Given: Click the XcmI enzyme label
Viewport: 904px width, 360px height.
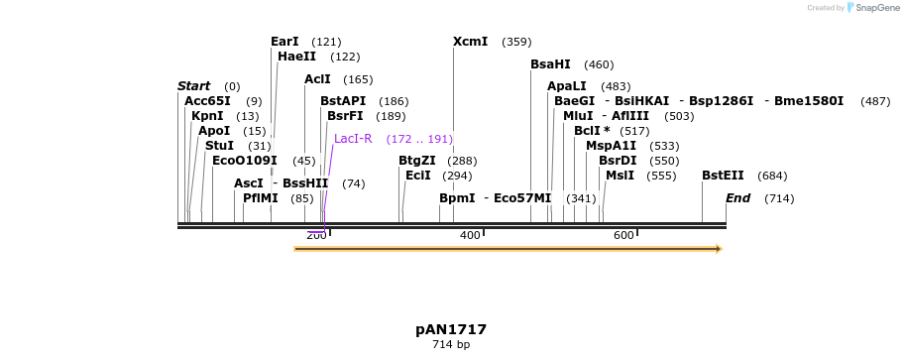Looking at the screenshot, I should (470, 42).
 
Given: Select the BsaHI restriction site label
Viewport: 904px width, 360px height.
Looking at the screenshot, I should (550, 64).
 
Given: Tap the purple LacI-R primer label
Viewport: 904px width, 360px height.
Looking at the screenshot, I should (353, 139).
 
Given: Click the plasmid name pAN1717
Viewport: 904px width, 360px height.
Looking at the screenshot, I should (451, 329).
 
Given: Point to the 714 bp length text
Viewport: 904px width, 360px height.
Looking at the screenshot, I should (451, 345).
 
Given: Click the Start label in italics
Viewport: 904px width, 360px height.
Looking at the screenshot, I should (193, 86).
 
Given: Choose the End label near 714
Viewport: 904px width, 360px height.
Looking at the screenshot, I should (737, 198).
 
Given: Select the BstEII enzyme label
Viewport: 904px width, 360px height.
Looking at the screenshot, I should (723, 176).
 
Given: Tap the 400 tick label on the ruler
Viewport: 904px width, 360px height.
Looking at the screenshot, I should (470, 235).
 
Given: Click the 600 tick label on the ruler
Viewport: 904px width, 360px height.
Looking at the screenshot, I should (623, 235).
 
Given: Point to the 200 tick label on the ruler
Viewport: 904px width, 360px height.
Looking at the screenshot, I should (316, 235).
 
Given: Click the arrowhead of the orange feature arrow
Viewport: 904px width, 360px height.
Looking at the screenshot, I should (717, 249).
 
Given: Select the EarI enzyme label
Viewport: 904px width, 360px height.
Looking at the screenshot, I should (284, 42).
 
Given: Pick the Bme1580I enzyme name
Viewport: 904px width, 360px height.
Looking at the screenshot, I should (808, 101).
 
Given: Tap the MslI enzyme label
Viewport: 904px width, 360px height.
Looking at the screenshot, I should (620, 176).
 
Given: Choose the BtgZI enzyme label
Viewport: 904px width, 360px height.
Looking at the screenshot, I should (416, 161).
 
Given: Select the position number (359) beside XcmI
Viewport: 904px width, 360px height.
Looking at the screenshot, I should (516, 42).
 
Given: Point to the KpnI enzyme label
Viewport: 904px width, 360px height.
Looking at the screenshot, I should (207, 116).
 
